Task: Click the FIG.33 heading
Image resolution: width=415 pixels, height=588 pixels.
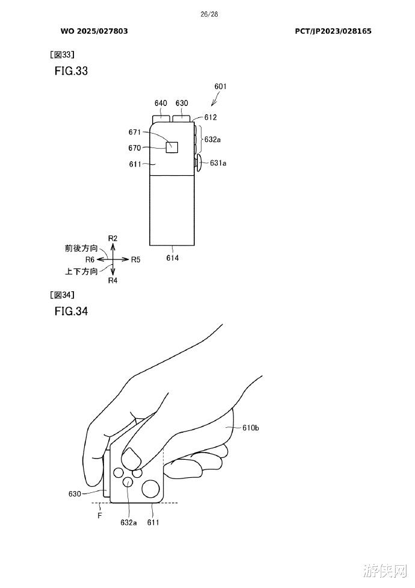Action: pyautogui.click(x=71, y=71)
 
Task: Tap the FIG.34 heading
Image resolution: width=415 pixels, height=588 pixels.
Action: pyautogui.click(x=71, y=311)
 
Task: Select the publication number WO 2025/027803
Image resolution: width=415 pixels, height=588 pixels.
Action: pyautogui.click(x=94, y=31)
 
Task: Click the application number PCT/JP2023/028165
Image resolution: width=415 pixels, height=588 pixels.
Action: pyautogui.click(x=333, y=31)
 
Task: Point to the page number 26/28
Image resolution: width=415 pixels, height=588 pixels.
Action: pyautogui.click(x=209, y=14)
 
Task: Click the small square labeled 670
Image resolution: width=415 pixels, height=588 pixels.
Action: pyautogui.click(x=172, y=147)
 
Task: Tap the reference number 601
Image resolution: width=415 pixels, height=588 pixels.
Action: pyautogui.click(x=221, y=86)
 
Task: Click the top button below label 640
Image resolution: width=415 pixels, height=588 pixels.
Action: pyautogui.click(x=161, y=119)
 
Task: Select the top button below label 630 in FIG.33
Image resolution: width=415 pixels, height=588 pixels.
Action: pyautogui.click(x=182, y=119)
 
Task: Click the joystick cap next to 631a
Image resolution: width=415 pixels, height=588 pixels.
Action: pyautogui.click(x=198, y=163)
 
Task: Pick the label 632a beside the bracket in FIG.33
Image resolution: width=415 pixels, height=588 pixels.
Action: pyautogui.click(x=212, y=140)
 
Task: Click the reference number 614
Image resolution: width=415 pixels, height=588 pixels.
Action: pyautogui.click(x=173, y=258)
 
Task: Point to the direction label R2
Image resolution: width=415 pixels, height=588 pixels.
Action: pyautogui.click(x=113, y=238)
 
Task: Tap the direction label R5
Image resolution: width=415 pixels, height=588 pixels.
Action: pyautogui.click(x=136, y=259)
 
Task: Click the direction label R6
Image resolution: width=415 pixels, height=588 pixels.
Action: pyautogui.click(x=90, y=259)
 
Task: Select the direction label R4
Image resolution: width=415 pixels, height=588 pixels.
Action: pyautogui.click(x=113, y=280)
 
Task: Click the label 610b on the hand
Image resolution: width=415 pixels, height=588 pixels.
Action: pyautogui.click(x=250, y=427)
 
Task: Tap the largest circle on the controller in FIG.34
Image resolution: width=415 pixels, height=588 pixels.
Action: pyautogui.click(x=151, y=489)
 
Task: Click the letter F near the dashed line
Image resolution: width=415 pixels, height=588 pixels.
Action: pyautogui.click(x=100, y=516)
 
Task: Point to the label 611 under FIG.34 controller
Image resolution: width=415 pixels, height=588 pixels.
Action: pyautogui.click(x=153, y=522)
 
